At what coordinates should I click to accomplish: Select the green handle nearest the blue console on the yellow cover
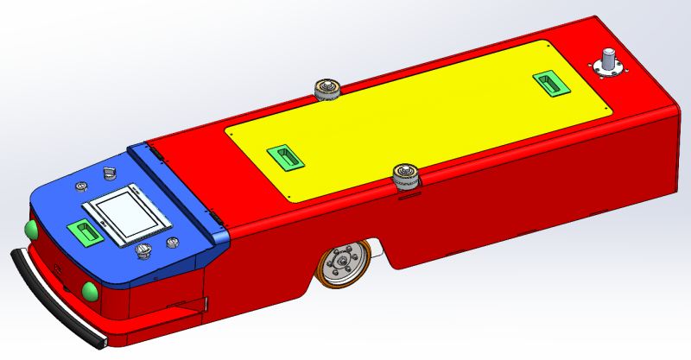tap(286, 156)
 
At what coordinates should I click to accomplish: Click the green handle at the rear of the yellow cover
tap(549, 82)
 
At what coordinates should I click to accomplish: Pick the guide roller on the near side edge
tap(404, 174)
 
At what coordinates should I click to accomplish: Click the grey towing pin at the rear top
tap(608, 61)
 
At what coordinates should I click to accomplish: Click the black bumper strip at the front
tap(52, 298)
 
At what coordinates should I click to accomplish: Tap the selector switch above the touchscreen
tap(109, 173)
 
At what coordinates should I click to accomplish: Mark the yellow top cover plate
tap(415, 121)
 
